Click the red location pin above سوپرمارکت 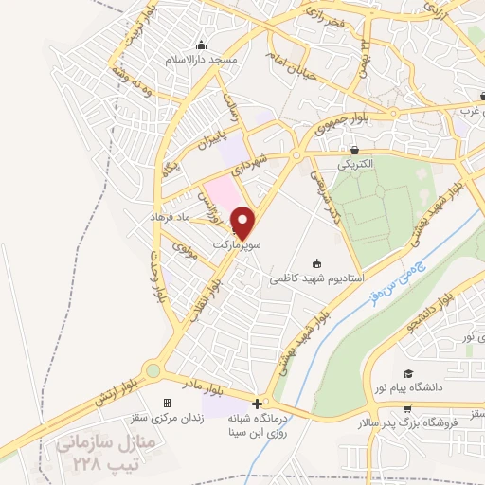244,222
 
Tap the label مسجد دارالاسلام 201,59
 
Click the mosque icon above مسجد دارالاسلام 200,45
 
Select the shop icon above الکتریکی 354,150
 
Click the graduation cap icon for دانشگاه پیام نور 407,373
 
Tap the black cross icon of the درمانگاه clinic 257,404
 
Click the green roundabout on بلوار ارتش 153,371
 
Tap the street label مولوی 184,249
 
